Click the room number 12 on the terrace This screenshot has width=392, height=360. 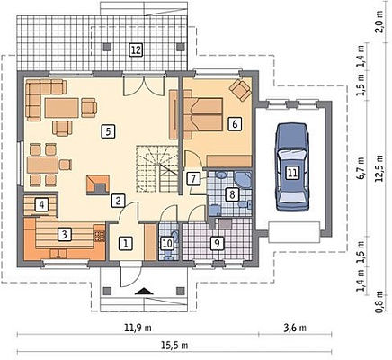tap(136, 49)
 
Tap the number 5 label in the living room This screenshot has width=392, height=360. tap(108, 131)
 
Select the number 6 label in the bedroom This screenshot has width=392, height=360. tap(235, 123)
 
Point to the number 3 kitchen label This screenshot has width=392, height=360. tap(65, 234)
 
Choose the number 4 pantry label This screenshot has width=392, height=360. tap(41, 205)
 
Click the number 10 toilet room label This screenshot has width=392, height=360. tap(167, 243)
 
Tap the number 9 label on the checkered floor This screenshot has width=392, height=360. tap(217, 243)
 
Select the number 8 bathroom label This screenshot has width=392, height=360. tap(232, 194)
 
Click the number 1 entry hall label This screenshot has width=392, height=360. tap(126, 243)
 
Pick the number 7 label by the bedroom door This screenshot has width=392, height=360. tap(193, 179)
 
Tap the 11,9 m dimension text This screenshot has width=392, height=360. tap(138, 328)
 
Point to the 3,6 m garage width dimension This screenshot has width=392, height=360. tap(295, 328)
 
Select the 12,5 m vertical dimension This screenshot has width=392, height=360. tap(379, 168)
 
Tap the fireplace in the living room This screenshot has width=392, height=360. tap(98, 185)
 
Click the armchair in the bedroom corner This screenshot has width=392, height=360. tap(240, 90)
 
